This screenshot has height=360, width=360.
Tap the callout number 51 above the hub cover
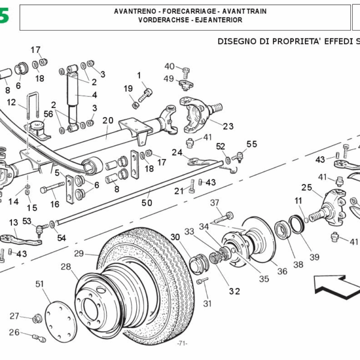[x=40, y=283]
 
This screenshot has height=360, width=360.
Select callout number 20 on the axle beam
[x=107, y=120]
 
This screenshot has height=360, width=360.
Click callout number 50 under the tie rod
[x=146, y=203]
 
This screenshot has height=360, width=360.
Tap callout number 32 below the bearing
[x=234, y=292]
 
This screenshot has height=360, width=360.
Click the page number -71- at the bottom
[x=182, y=343]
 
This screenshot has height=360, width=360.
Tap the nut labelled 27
[x=36, y=317]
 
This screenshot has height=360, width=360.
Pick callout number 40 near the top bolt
[x=170, y=67]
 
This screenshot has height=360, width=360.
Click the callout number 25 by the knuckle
[x=307, y=187]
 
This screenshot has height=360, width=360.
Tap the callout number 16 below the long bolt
[x=55, y=204]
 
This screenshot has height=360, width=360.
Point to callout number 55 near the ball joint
[x=251, y=144]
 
